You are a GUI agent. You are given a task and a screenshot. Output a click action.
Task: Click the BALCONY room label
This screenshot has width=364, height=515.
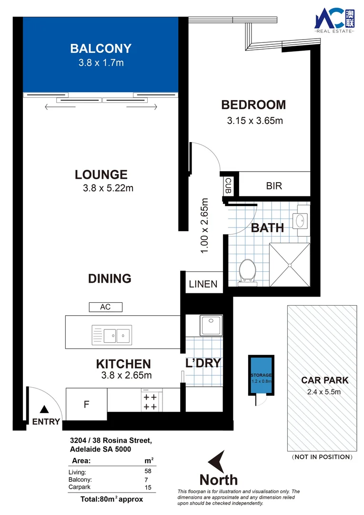(x=101, y=48)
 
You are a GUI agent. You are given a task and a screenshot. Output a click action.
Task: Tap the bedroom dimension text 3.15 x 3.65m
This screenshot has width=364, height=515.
(x=255, y=121)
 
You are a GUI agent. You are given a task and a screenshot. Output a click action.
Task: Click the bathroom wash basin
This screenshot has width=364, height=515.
(x=301, y=220)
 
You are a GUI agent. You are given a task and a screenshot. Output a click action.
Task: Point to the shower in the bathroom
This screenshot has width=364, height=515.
(x=290, y=265)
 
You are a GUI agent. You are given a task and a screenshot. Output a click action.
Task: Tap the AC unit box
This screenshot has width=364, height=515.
(x=105, y=307)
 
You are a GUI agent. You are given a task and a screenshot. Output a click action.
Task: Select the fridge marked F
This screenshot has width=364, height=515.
(x=86, y=404)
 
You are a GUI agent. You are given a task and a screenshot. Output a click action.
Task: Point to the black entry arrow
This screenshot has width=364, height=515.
(x=44, y=409)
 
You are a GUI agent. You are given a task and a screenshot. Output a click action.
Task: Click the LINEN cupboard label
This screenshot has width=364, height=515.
(x=203, y=284)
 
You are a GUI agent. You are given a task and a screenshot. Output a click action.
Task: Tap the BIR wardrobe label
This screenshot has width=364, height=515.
(x=274, y=186)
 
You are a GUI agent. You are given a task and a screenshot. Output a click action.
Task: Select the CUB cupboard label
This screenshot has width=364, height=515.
(x=228, y=185)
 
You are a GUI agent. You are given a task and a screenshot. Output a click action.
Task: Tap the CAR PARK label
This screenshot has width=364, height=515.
(x=324, y=380)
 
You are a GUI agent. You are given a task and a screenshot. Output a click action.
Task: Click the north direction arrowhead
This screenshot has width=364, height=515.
(x=217, y=462)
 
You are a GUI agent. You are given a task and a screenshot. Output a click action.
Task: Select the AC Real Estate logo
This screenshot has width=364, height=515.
(x=334, y=21)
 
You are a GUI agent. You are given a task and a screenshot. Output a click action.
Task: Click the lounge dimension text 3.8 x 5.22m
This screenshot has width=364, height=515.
(x=108, y=188)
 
